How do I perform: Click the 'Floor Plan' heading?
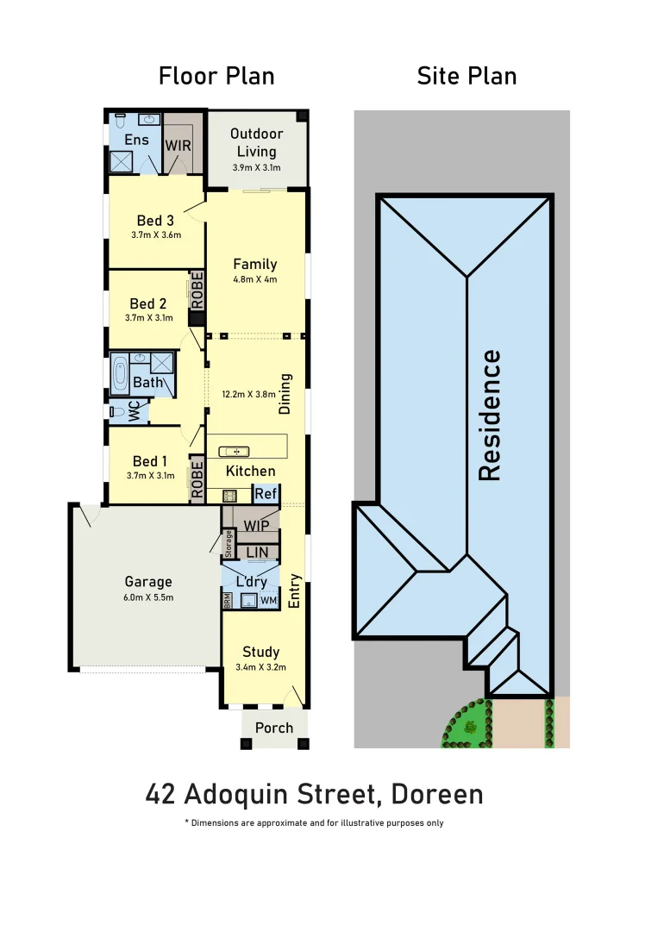[216, 76]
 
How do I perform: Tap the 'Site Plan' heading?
[467, 76]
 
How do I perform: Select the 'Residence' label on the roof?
[490, 415]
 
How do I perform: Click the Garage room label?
[147, 582]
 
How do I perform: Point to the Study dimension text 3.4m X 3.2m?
[260, 666]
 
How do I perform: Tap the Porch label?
[274, 728]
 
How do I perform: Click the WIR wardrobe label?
[178, 146]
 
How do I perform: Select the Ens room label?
[136, 140]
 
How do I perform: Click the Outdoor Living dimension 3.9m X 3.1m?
[257, 168]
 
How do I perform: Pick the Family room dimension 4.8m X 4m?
[254, 279]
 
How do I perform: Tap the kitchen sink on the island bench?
[234, 451]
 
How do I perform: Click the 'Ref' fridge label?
[266, 494]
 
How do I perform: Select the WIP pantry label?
[256, 525]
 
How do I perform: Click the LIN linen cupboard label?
[257, 552]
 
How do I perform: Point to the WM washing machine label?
[268, 600]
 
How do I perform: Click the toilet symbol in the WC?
[117, 413]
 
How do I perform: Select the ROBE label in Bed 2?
[197, 291]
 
